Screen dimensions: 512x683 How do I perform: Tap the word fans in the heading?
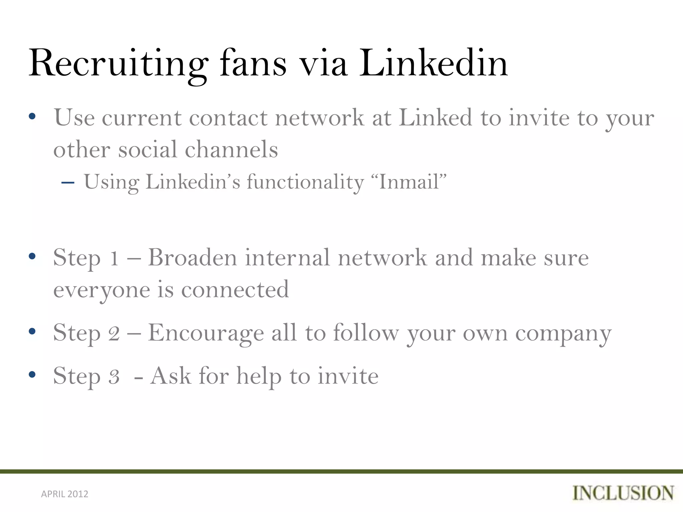tap(253, 63)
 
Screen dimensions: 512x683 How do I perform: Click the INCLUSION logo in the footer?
tap(623, 493)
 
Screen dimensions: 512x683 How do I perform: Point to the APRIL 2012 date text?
tap(65, 494)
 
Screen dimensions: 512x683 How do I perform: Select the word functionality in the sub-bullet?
tap(305, 183)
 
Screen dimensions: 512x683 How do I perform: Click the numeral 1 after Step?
tap(114, 258)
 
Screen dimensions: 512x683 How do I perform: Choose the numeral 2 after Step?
tap(114, 333)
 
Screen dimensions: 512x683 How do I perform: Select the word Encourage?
tap(206, 333)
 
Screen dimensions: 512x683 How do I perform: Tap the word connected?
tap(235, 289)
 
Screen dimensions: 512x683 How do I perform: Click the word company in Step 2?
tap(563, 334)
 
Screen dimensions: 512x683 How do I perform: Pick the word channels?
tap(231, 149)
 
